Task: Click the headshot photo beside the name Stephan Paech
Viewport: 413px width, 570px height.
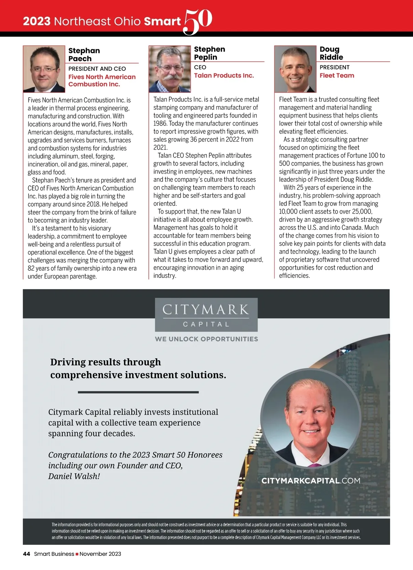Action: [44, 69]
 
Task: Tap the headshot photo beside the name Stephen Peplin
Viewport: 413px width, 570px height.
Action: [170, 69]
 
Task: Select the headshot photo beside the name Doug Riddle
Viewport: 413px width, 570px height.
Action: [295, 69]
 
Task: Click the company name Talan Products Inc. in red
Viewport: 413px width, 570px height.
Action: [224, 75]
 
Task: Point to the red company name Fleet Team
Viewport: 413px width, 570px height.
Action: [337, 75]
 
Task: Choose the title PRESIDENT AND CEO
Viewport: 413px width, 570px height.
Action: [97, 69]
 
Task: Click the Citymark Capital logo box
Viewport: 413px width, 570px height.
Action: [206, 314]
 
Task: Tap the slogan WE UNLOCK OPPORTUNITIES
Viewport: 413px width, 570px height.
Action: [206, 339]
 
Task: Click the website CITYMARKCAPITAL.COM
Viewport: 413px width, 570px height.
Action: [311, 481]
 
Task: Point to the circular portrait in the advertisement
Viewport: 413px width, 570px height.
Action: [310, 418]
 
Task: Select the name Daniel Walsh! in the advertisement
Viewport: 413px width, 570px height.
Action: [74, 476]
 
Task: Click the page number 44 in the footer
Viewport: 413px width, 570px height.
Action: [27, 554]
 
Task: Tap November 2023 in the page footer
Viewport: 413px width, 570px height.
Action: [100, 554]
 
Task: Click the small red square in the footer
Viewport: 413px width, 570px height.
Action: [77, 554]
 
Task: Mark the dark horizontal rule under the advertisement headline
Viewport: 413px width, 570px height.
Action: [138, 392]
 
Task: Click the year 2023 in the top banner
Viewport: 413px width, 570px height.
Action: [36, 21]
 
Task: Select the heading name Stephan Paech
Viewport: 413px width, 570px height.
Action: [84, 54]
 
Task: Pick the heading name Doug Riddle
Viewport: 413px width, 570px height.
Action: [331, 53]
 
